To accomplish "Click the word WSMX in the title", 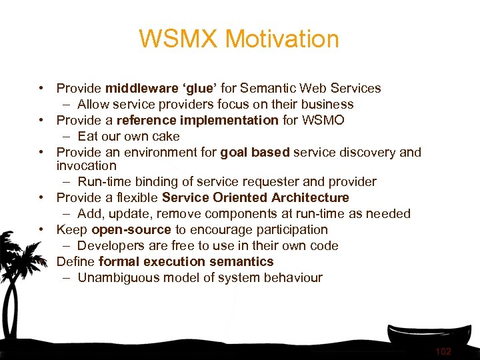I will click(178, 39).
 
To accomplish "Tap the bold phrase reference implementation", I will click(197, 120).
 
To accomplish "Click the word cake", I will click(166, 136).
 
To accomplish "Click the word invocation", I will click(86, 165).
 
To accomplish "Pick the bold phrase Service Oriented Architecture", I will click(255, 197).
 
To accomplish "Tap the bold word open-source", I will click(131, 229).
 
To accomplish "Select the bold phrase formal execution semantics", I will click(186, 261).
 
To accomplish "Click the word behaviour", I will click(293, 277).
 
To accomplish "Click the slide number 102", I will click(443, 351).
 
